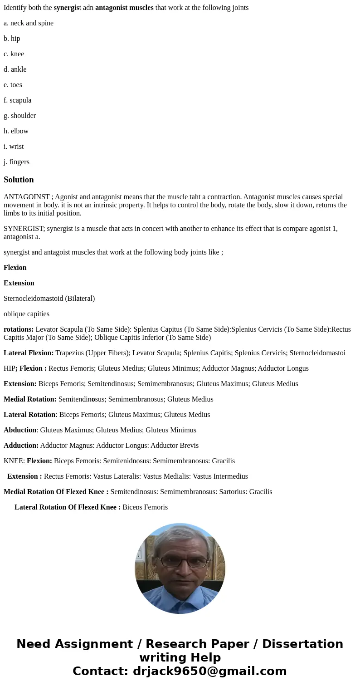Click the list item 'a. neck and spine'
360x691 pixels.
click(29, 23)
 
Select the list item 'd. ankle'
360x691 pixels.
click(15, 69)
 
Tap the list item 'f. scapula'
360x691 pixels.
click(18, 100)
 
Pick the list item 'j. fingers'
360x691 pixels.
click(16, 162)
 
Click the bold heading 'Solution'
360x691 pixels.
click(19, 180)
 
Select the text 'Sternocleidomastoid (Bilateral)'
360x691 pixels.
click(49, 299)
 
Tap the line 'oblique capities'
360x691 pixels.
click(26, 314)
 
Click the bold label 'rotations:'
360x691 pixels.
click(19, 329)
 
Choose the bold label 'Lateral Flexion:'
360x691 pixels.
click(29, 353)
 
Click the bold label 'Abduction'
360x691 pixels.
click(20, 430)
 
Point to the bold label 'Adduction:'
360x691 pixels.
click(21, 446)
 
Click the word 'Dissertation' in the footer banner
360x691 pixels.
click(302, 644)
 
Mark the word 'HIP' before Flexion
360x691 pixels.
click(10, 368)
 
